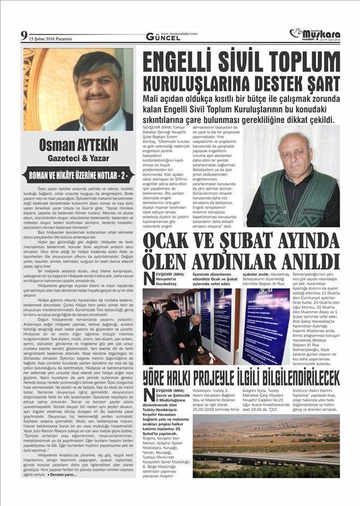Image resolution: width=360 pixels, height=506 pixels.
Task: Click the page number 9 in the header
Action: point(24,37)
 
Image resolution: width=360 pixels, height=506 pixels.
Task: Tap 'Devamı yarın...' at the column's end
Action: point(62,474)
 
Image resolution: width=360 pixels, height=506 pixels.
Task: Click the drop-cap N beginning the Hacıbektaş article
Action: point(149,278)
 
